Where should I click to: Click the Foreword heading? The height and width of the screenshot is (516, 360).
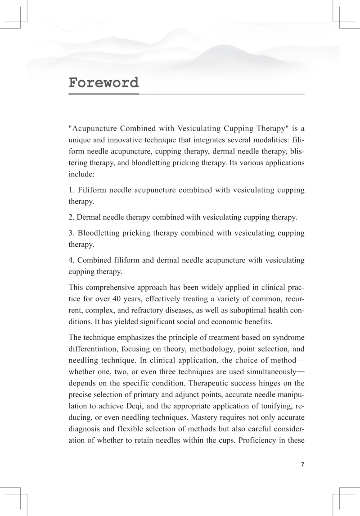coord(103,83)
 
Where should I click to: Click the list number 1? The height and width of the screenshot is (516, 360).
coord(71,191)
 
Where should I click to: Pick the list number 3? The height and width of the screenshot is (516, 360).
coord(71,233)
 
